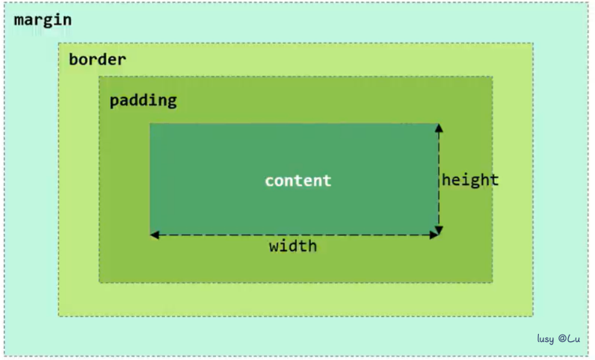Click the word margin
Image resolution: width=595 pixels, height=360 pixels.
(x=43, y=19)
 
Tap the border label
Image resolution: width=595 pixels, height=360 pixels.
(x=97, y=59)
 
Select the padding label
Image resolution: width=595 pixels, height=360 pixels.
(x=143, y=100)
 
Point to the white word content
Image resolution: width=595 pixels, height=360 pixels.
(x=297, y=181)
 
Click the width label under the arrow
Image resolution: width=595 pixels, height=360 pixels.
(x=293, y=246)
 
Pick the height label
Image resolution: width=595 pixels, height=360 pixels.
(x=470, y=180)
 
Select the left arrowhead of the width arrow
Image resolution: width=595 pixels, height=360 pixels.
(x=155, y=235)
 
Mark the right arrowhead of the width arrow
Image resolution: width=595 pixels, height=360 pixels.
(x=434, y=235)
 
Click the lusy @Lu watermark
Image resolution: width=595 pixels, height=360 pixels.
(x=558, y=339)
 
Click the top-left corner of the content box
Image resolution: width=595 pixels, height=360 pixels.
(x=150, y=124)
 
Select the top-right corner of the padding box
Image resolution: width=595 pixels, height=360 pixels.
(x=493, y=76)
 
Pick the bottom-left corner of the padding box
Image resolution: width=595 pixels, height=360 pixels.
(x=99, y=282)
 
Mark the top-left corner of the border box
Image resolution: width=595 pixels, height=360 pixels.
(x=59, y=43)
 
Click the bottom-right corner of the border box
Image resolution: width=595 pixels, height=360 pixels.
(x=533, y=316)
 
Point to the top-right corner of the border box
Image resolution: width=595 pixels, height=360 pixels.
(x=533, y=43)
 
